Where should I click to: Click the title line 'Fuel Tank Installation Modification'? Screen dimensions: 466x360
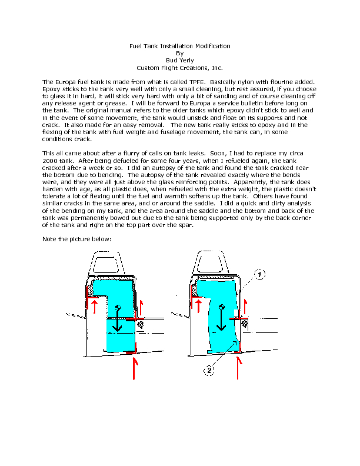click(x=179, y=46)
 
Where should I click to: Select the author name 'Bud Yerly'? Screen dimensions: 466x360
click(x=179, y=60)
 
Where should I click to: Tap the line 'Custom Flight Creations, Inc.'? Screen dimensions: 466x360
click(x=179, y=68)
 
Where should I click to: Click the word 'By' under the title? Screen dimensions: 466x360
click(x=179, y=53)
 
